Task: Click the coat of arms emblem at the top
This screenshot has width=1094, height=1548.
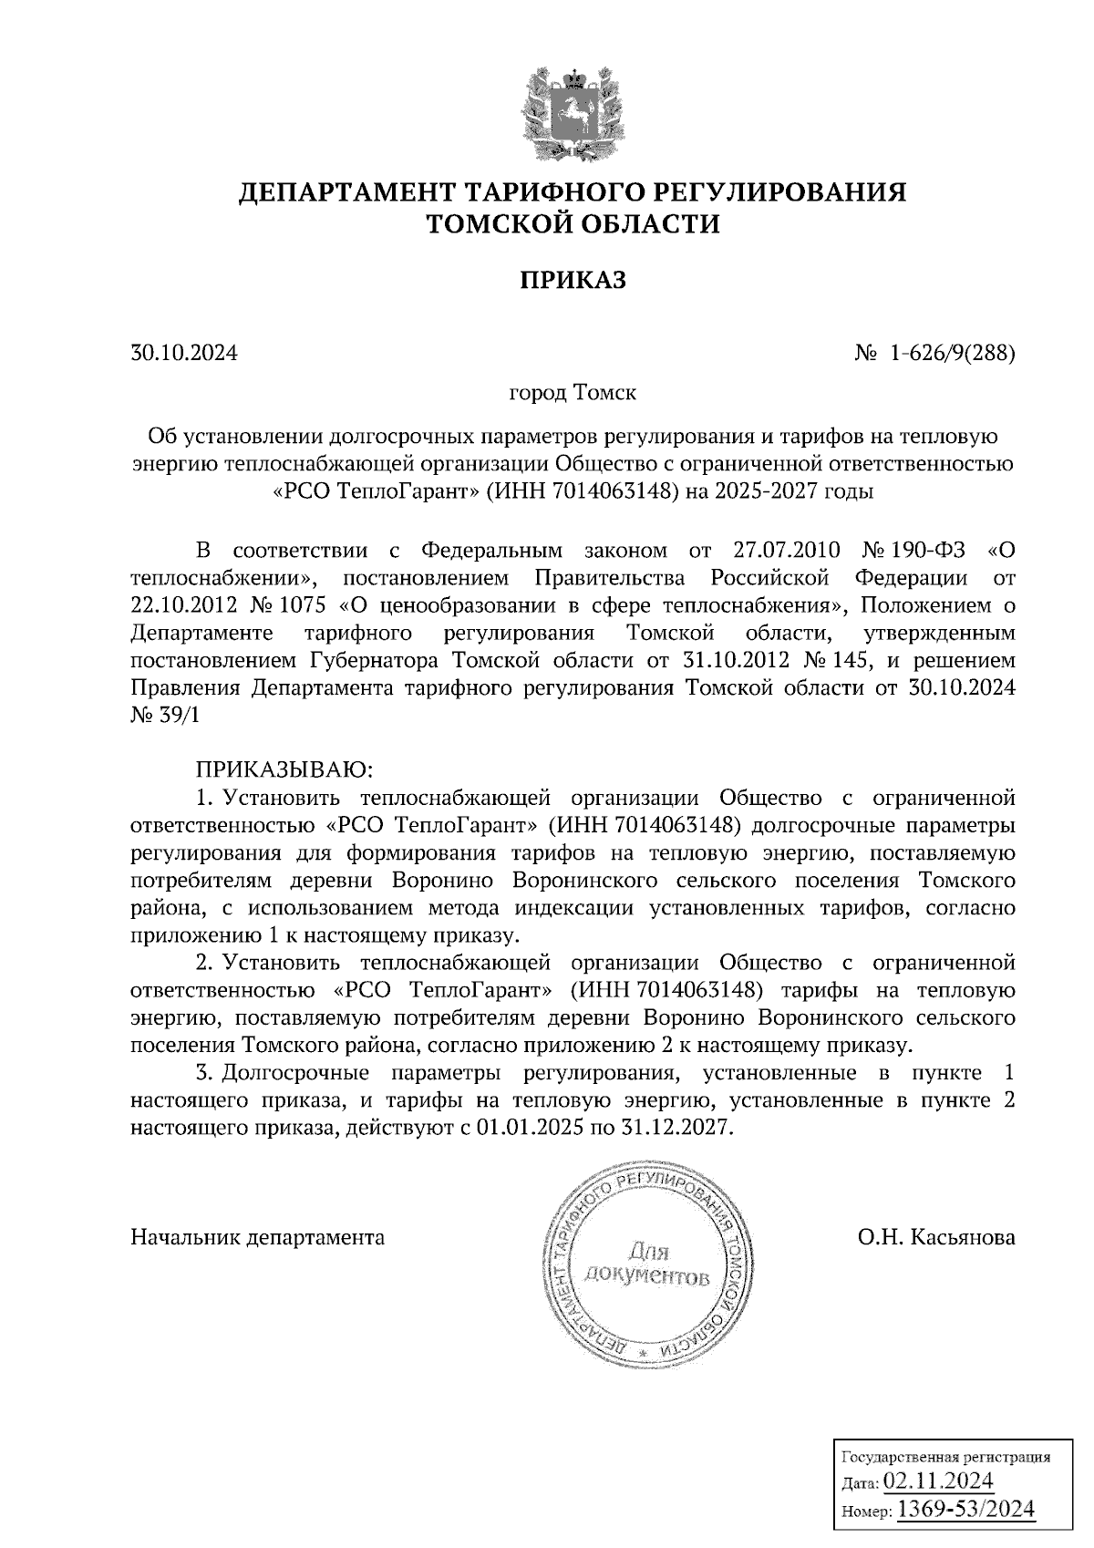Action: click(573, 114)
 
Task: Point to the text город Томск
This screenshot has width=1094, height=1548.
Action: click(573, 394)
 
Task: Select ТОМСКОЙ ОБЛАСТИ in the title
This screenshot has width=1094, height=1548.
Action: click(573, 224)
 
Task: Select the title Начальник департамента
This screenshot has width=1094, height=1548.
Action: click(258, 1237)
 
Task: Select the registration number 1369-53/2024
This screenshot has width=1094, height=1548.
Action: click(966, 1509)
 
